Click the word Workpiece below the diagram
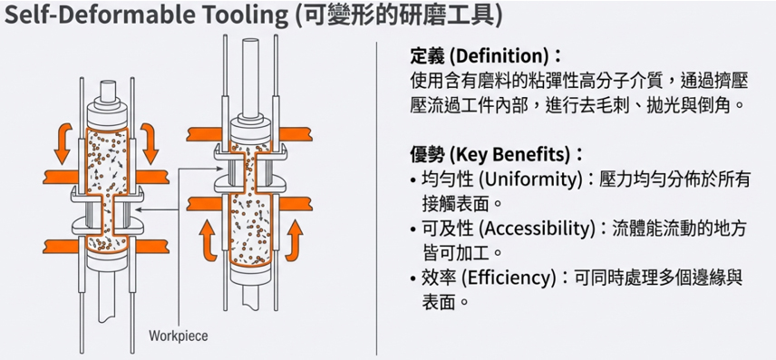click(x=179, y=336)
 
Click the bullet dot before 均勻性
click(x=413, y=180)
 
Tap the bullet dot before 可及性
click(x=413, y=229)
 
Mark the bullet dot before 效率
click(x=413, y=278)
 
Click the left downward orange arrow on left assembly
click(x=63, y=143)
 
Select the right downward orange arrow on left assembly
click(x=149, y=143)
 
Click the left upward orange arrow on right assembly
click(x=209, y=241)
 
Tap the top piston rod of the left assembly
click(x=107, y=91)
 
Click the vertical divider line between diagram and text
click(x=377, y=198)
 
